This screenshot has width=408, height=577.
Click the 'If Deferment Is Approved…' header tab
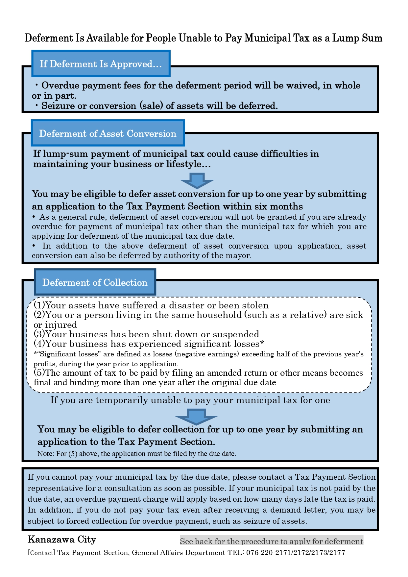pyautogui.click(x=101, y=64)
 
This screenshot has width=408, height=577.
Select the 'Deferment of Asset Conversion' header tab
pyautogui.click(x=108, y=133)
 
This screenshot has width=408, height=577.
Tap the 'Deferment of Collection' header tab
pyautogui.click(x=95, y=283)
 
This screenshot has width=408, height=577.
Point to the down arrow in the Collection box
pyautogui.click(x=196, y=416)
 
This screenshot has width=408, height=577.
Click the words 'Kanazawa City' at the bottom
pyautogui.click(x=62, y=540)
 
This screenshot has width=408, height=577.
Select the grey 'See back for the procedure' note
pyautogui.click(x=272, y=541)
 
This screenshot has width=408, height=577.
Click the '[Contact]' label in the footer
pyautogui.click(x=41, y=553)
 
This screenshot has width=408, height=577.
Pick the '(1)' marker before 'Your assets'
pyautogui.click(x=39, y=305)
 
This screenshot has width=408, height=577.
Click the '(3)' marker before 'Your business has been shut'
pyautogui.click(x=39, y=334)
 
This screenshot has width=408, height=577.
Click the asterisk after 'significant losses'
pyautogui.click(x=262, y=344)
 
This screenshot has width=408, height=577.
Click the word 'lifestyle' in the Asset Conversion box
pyautogui.click(x=181, y=164)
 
